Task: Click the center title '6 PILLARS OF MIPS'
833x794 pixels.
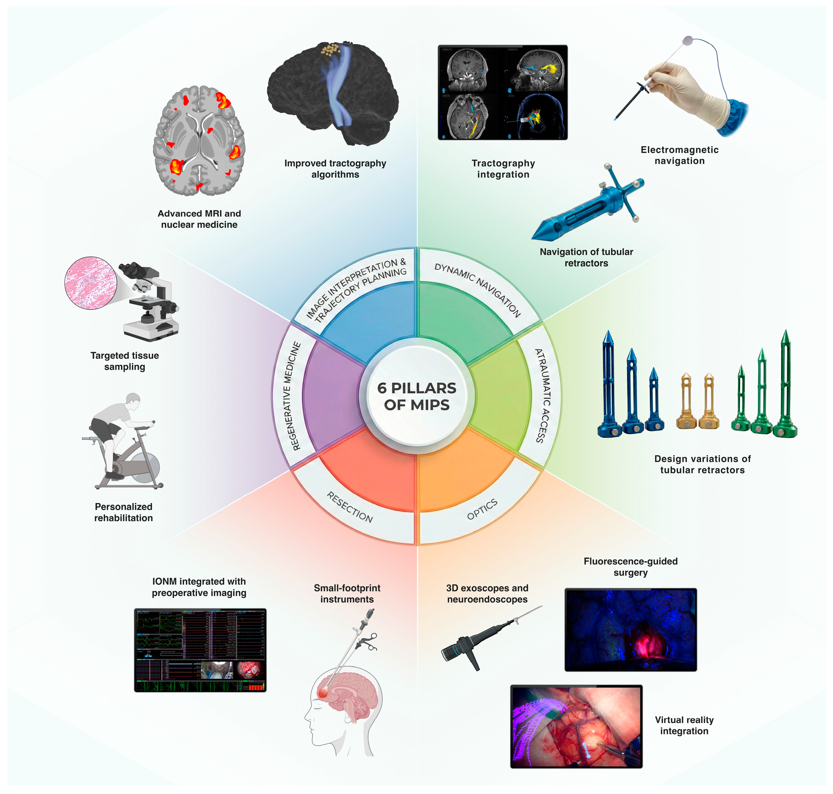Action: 416,396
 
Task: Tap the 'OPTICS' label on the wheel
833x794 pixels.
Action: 482,509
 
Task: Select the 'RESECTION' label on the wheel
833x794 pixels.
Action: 350,507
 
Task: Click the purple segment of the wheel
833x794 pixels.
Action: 333,396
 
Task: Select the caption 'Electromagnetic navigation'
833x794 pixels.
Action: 679,155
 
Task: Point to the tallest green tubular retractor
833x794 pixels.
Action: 786,385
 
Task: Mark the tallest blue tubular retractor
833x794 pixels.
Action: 609,385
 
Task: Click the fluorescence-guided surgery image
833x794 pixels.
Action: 630,629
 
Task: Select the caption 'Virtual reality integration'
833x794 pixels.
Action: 684,725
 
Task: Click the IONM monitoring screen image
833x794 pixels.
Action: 200,650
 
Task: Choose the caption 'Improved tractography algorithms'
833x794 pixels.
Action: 335,168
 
